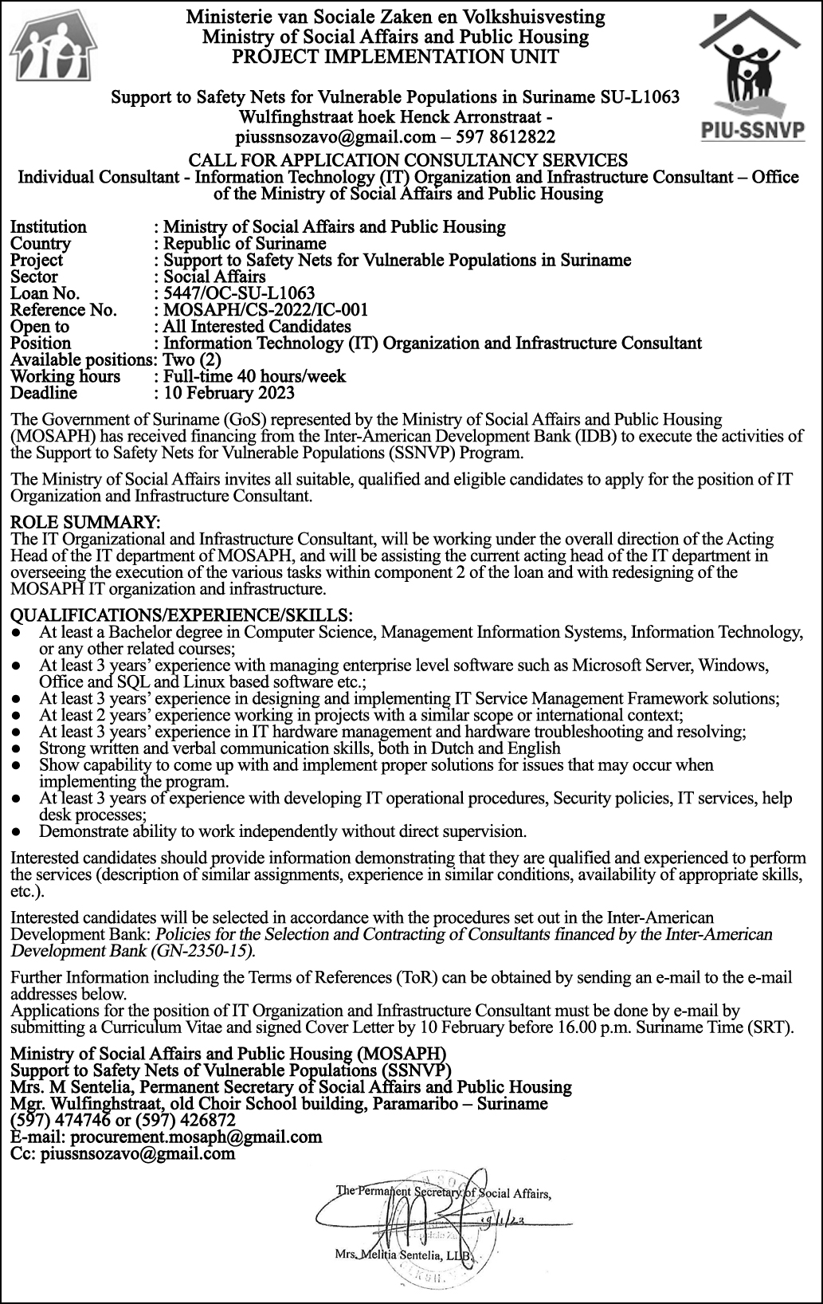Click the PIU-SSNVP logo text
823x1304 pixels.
click(753, 131)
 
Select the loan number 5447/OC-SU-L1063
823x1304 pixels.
click(238, 293)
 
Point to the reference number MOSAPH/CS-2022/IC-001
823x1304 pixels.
click(265, 310)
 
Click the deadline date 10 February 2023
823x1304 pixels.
click(229, 393)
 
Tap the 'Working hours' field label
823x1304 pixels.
click(65, 376)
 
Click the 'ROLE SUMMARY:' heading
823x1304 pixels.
click(85, 522)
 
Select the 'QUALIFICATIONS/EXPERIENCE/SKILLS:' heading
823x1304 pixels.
click(181, 615)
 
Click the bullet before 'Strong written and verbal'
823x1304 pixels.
click(17, 748)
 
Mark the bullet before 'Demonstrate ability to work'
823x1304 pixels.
click(17, 831)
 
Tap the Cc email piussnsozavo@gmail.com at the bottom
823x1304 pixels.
click(138, 1153)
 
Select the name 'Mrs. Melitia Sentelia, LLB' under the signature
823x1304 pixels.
click(406, 1255)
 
